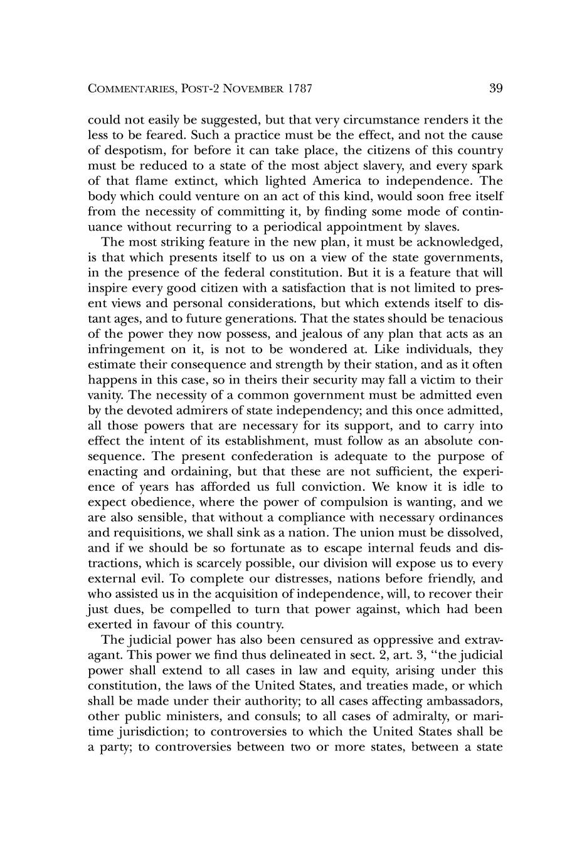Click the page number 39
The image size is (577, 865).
(495, 88)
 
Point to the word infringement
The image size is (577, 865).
(127, 349)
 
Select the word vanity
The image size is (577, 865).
(102, 395)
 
